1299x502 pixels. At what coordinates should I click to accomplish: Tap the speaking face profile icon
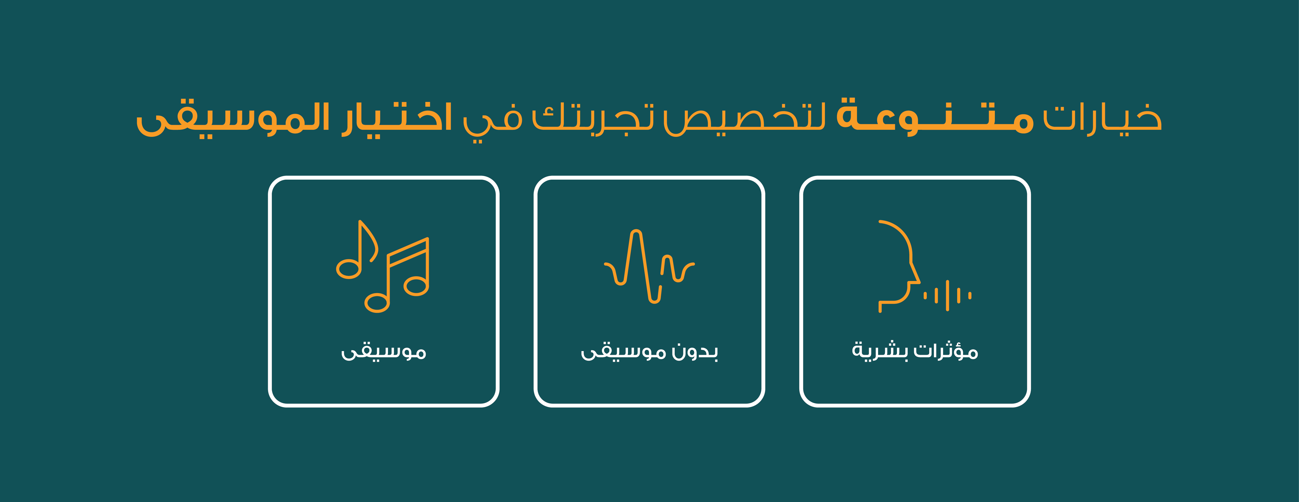pyautogui.click(x=924, y=266)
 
